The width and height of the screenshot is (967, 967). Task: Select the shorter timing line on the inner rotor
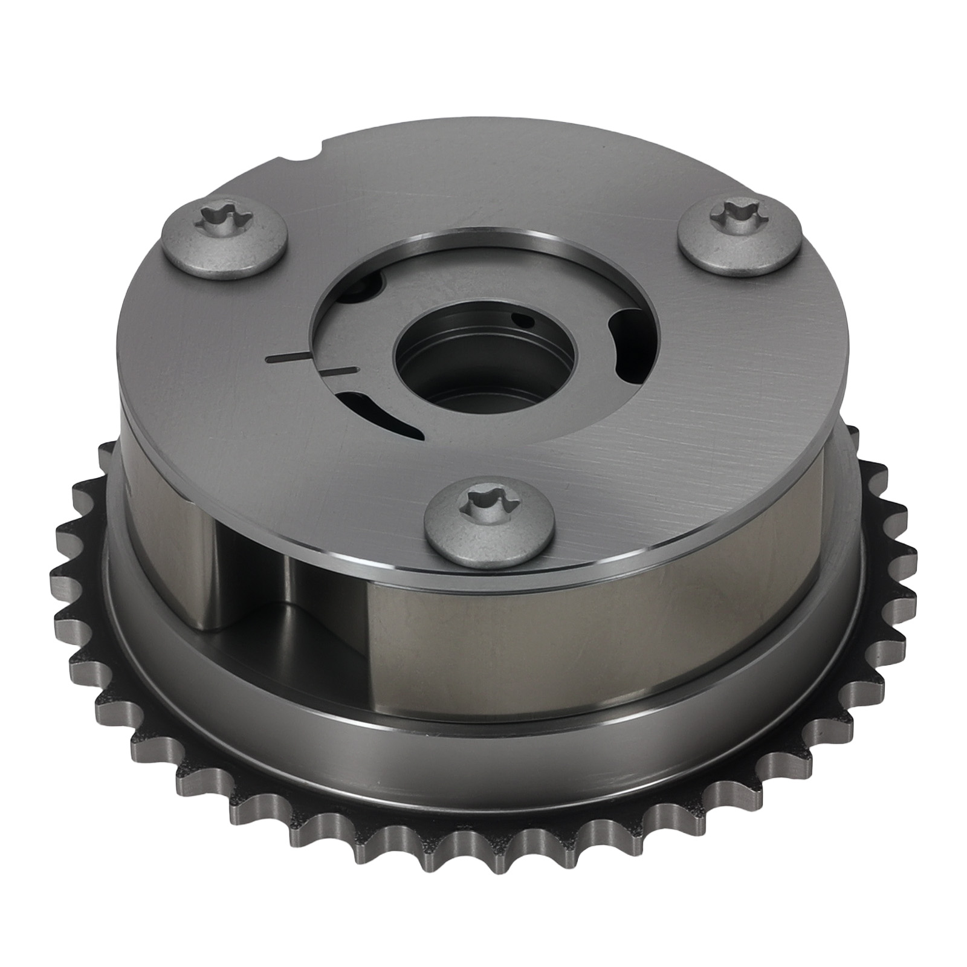(x=341, y=369)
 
